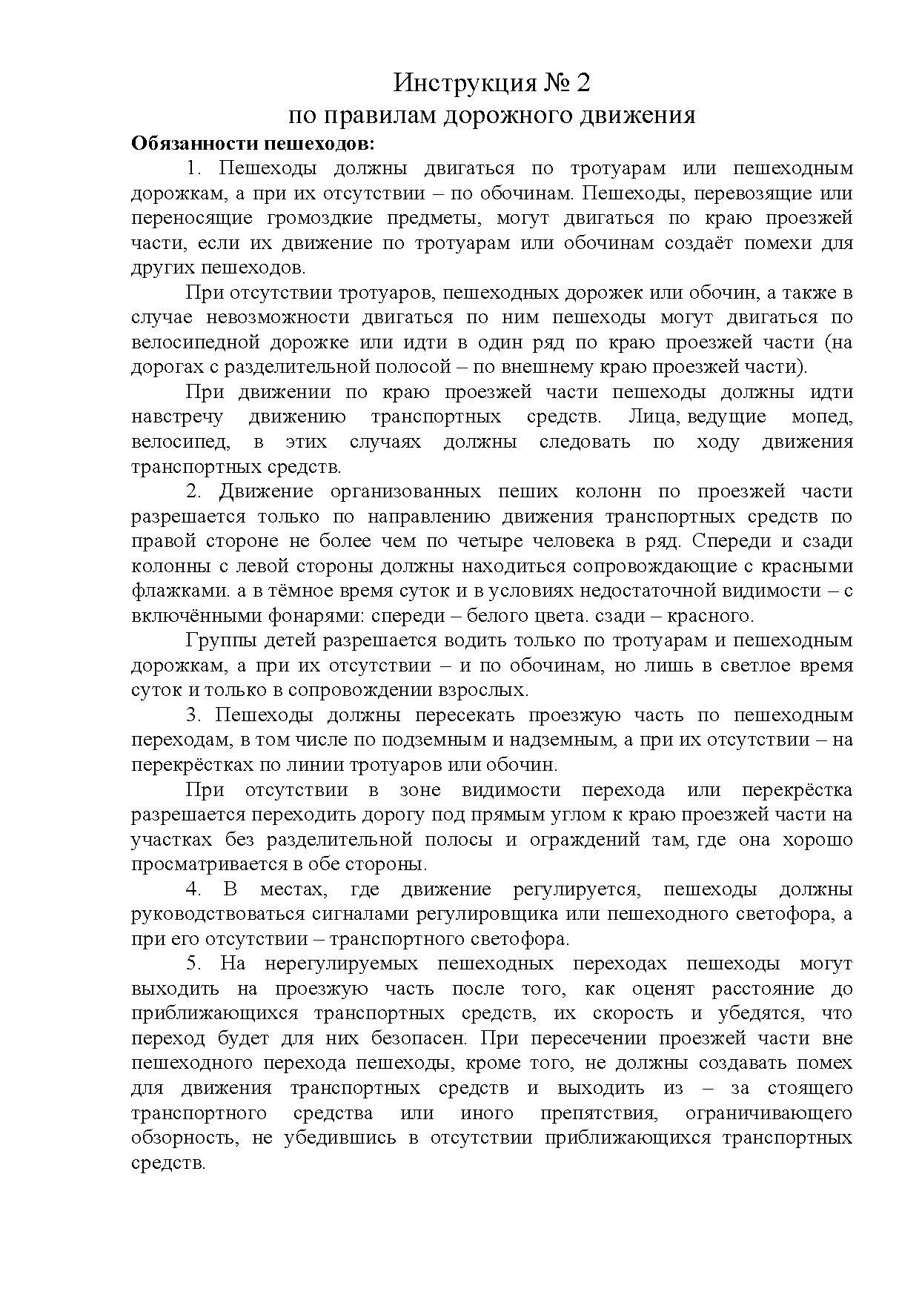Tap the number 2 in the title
tap(583, 83)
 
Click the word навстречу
tap(176, 417)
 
